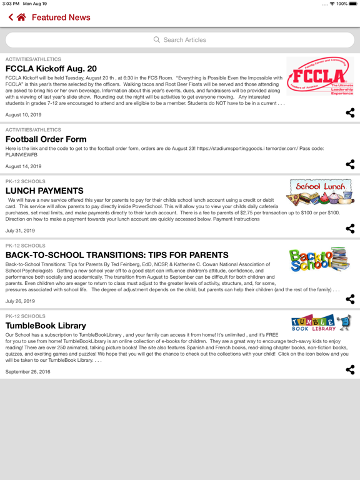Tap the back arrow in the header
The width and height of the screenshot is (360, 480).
coord(11,17)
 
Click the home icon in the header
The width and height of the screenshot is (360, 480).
coord(22,17)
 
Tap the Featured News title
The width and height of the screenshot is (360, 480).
coord(61,17)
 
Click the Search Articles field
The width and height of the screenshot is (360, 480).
coord(180,40)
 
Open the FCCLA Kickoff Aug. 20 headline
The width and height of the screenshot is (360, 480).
coord(51,69)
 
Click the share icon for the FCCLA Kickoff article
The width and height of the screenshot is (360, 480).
coord(350,113)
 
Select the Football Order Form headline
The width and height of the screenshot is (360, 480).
coord(46,139)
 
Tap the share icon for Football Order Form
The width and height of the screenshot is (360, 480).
coord(350,164)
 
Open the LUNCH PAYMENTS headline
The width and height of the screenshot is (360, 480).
coord(44,191)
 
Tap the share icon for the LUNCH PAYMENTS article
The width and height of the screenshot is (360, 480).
coord(350,229)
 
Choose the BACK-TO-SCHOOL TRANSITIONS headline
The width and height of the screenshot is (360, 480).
coord(117,255)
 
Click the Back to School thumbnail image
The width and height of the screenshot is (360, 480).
coord(319,259)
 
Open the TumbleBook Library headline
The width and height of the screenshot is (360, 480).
coord(46,326)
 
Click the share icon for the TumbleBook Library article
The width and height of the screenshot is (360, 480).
coord(350,370)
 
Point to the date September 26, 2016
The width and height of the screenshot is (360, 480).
coord(28,372)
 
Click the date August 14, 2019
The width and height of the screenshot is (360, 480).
coord(24,166)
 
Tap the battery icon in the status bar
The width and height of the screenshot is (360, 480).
coord(353,4)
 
